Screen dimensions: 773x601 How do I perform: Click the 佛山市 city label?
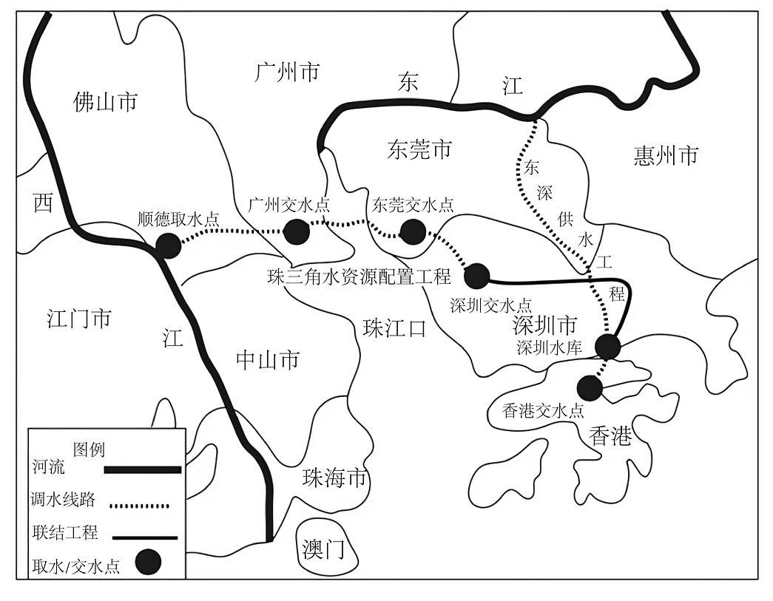[105, 103]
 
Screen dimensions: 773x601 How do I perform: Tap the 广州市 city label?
[288, 72]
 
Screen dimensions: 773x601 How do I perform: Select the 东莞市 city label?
[419, 149]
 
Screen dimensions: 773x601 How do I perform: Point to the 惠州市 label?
[666, 155]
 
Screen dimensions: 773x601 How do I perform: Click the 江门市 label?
[79, 318]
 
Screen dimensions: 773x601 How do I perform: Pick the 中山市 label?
[268, 360]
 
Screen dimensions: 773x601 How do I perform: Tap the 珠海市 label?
[335, 478]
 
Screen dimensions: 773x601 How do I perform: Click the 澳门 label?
[323, 549]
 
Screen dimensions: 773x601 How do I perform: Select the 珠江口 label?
[394, 327]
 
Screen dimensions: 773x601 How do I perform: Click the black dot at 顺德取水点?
[168, 245]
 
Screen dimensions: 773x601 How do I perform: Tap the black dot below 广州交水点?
[297, 231]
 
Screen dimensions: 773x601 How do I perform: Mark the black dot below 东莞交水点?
[413, 231]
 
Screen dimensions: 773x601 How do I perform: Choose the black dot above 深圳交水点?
[476, 276]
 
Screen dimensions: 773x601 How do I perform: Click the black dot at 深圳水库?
[607, 346]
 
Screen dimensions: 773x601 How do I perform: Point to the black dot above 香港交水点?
[590, 387]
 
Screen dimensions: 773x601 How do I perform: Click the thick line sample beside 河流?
[143, 469]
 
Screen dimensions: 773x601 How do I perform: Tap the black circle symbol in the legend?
[149, 562]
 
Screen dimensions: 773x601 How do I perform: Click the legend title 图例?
[90, 449]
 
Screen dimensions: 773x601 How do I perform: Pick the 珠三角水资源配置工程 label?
[360, 276]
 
